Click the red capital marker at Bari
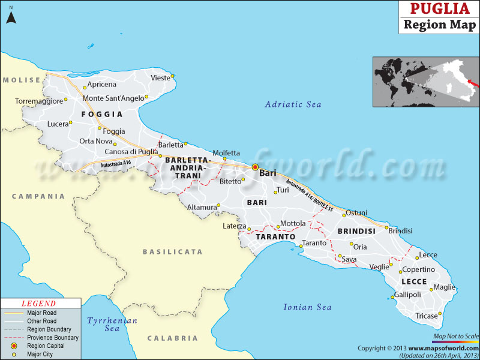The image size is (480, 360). coord(255,167)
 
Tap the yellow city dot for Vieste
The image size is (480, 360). coord(172,76)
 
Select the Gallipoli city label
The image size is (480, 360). coord(408,295)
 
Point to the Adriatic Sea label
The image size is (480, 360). coord(293,104)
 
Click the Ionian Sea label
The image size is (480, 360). coord(307,307)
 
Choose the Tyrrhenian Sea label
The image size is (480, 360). coord(112,325)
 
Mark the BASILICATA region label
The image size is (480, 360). coord(172,252)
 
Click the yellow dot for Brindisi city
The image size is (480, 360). coord(386,227)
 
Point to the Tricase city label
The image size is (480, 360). coord(426,316)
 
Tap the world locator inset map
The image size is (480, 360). coord(425,82)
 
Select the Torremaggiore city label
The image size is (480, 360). coord(38,101)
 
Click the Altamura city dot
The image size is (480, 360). coord(218,205)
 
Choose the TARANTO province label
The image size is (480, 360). coord(275,237)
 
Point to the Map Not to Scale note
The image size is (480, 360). coord(455,335)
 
